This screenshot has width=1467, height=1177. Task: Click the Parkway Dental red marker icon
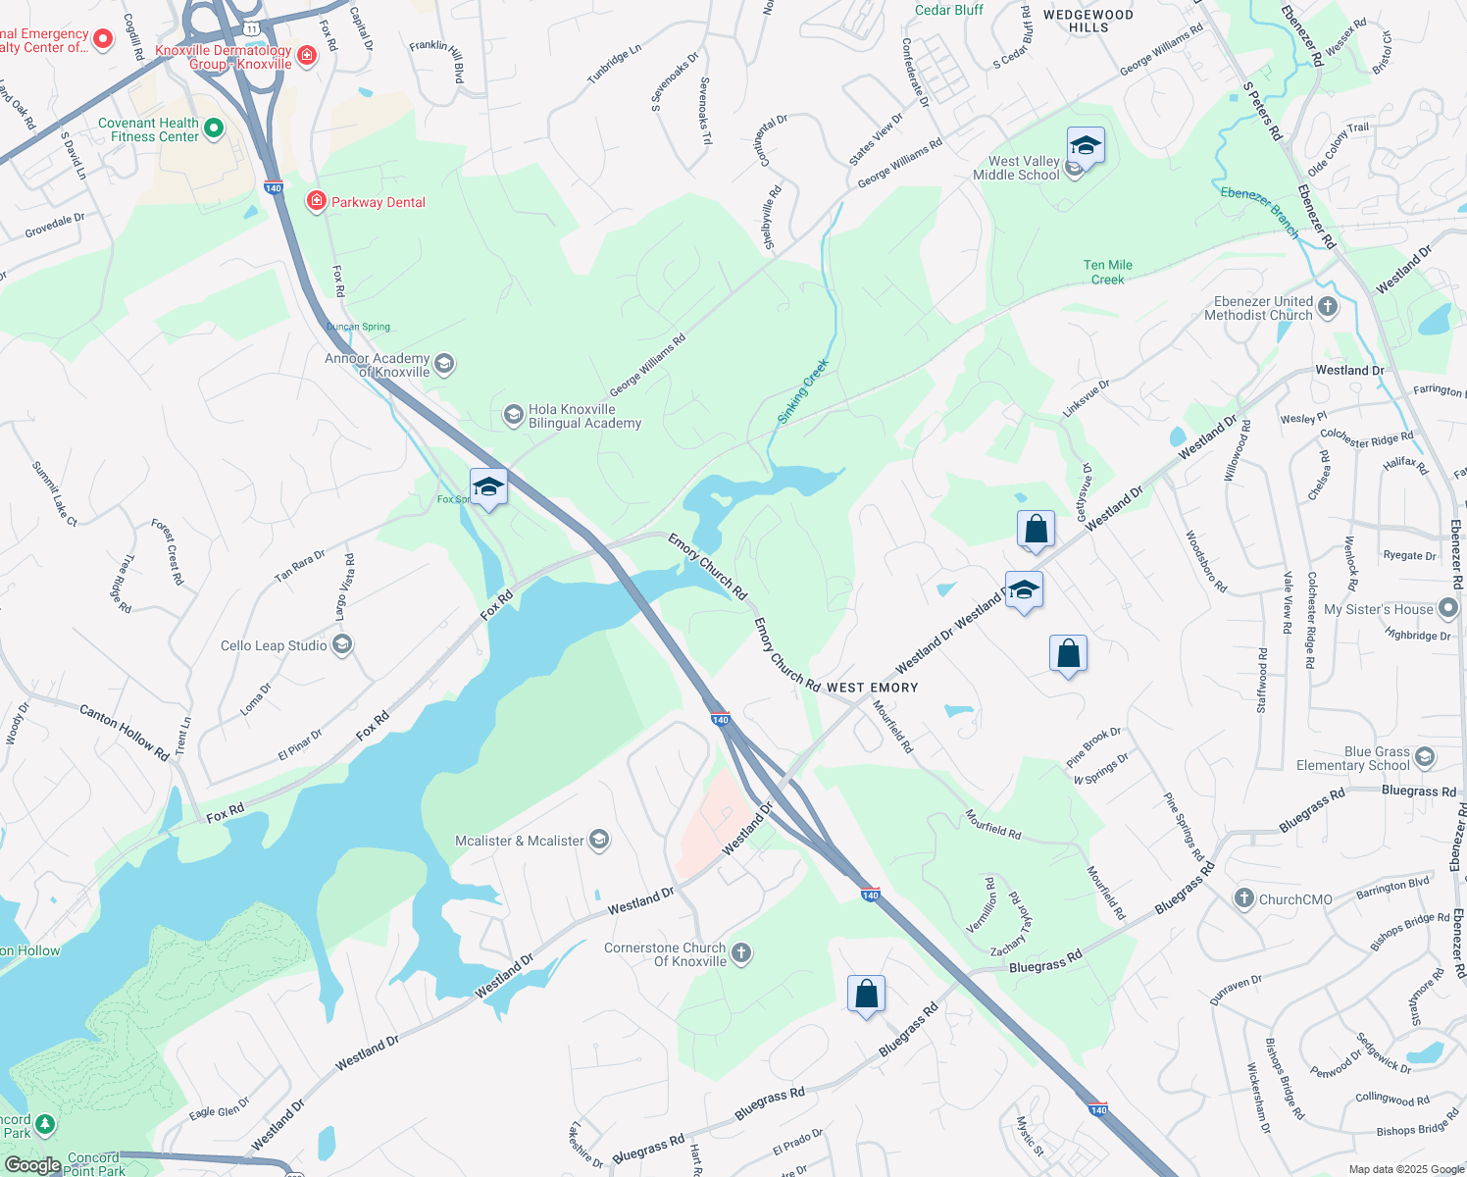(x=316, y=202)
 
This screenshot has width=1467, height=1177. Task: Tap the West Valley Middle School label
(x=1016, y=168)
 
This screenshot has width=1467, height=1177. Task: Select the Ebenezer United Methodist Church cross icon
(x=1328, y=308)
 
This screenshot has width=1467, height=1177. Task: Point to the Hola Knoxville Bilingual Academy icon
(x=513, y=416)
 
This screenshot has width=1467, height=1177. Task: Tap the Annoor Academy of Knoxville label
(x=377, y=365)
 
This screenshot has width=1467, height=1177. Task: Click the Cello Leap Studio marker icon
(x=342, y=644)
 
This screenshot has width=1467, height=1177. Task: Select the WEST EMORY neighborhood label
(x=872, y=688)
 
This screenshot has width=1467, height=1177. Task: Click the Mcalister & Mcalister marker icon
(x=599, y=841)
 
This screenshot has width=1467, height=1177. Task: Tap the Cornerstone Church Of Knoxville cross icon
(x=741, y=953)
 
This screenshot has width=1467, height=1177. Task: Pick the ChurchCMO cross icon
(x=1243, y=898)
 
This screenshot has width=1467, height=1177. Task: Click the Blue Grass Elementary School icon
(x=1425, y=757)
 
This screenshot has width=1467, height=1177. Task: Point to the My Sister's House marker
(x=1448, y=609)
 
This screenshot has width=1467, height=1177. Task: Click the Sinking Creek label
(x=803, y=391)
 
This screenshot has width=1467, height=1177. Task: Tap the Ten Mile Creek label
(x=1108, y=272)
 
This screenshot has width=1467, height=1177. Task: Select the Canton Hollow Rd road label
(x=124, y=732)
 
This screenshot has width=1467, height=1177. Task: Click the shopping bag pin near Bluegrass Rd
(x=866, y=995)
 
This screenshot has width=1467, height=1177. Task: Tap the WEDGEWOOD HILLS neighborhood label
(x=1088, y=21)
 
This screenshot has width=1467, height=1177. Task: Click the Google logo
(x=32, y=1164)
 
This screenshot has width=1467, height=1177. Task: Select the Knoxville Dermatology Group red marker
(x=307, y=55)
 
